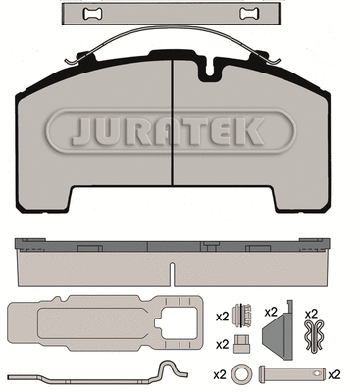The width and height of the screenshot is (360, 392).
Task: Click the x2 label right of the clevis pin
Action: (334, 373)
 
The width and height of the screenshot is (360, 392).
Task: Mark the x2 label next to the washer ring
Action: (220, 373)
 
